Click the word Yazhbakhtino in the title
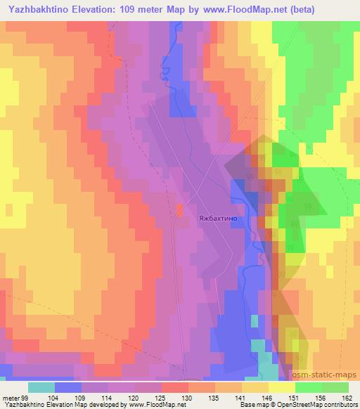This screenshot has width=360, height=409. tap(35, 9)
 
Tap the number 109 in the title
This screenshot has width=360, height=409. tap(129, 9)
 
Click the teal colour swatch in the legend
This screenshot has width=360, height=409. tap(41, 387)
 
